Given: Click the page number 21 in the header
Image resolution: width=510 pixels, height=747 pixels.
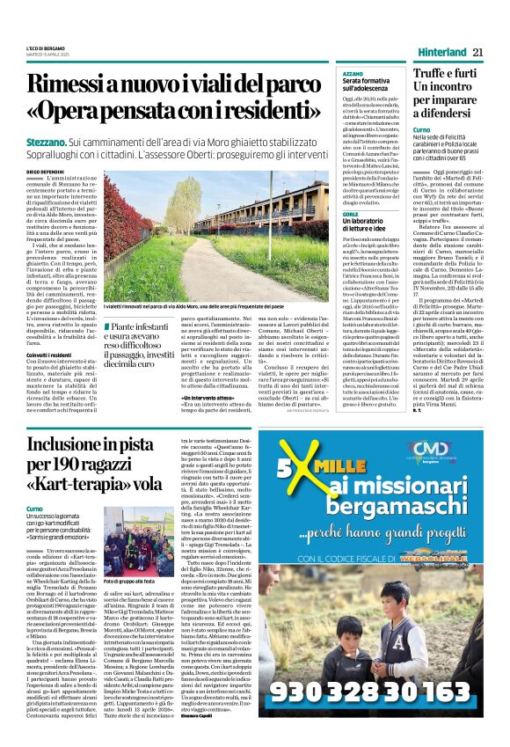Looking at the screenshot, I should (489, 52).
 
